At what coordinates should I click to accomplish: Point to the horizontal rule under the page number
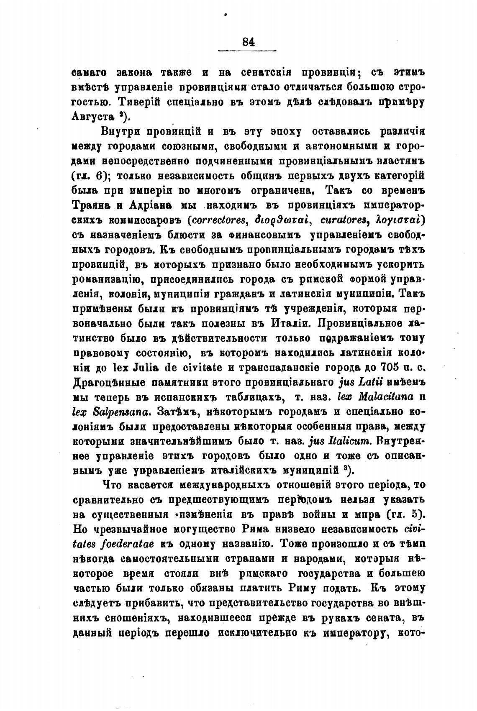[248, 51]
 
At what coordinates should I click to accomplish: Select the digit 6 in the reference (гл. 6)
[99, 176]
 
